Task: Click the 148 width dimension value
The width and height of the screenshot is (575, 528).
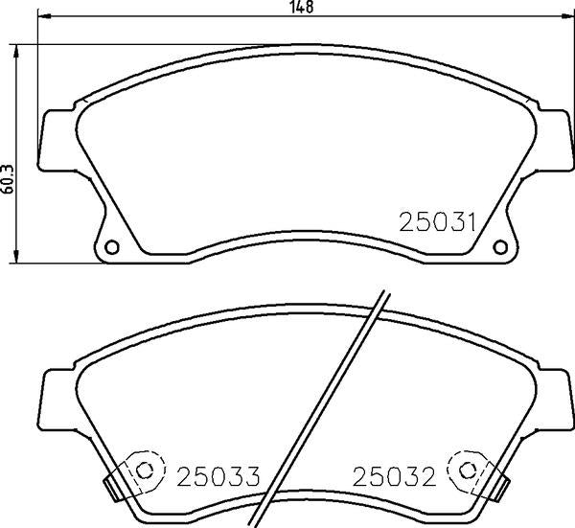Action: click(x=302, y=8)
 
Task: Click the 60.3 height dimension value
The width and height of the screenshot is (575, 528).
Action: click(x=8, y=179)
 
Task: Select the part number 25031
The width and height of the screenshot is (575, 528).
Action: click(x=437, y=222)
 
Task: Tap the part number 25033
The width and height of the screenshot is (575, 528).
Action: click(x=218, y=476)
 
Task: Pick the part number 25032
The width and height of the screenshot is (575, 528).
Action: click(x=394, y=476)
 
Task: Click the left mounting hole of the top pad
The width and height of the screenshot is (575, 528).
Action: click(x=112, y=247)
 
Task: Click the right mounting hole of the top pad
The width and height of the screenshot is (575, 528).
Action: click(x=500, y=247)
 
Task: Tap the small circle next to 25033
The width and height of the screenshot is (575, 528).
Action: click(x=145, y=471)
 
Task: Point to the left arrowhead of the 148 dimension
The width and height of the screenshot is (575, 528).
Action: click(x=44, y=15)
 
